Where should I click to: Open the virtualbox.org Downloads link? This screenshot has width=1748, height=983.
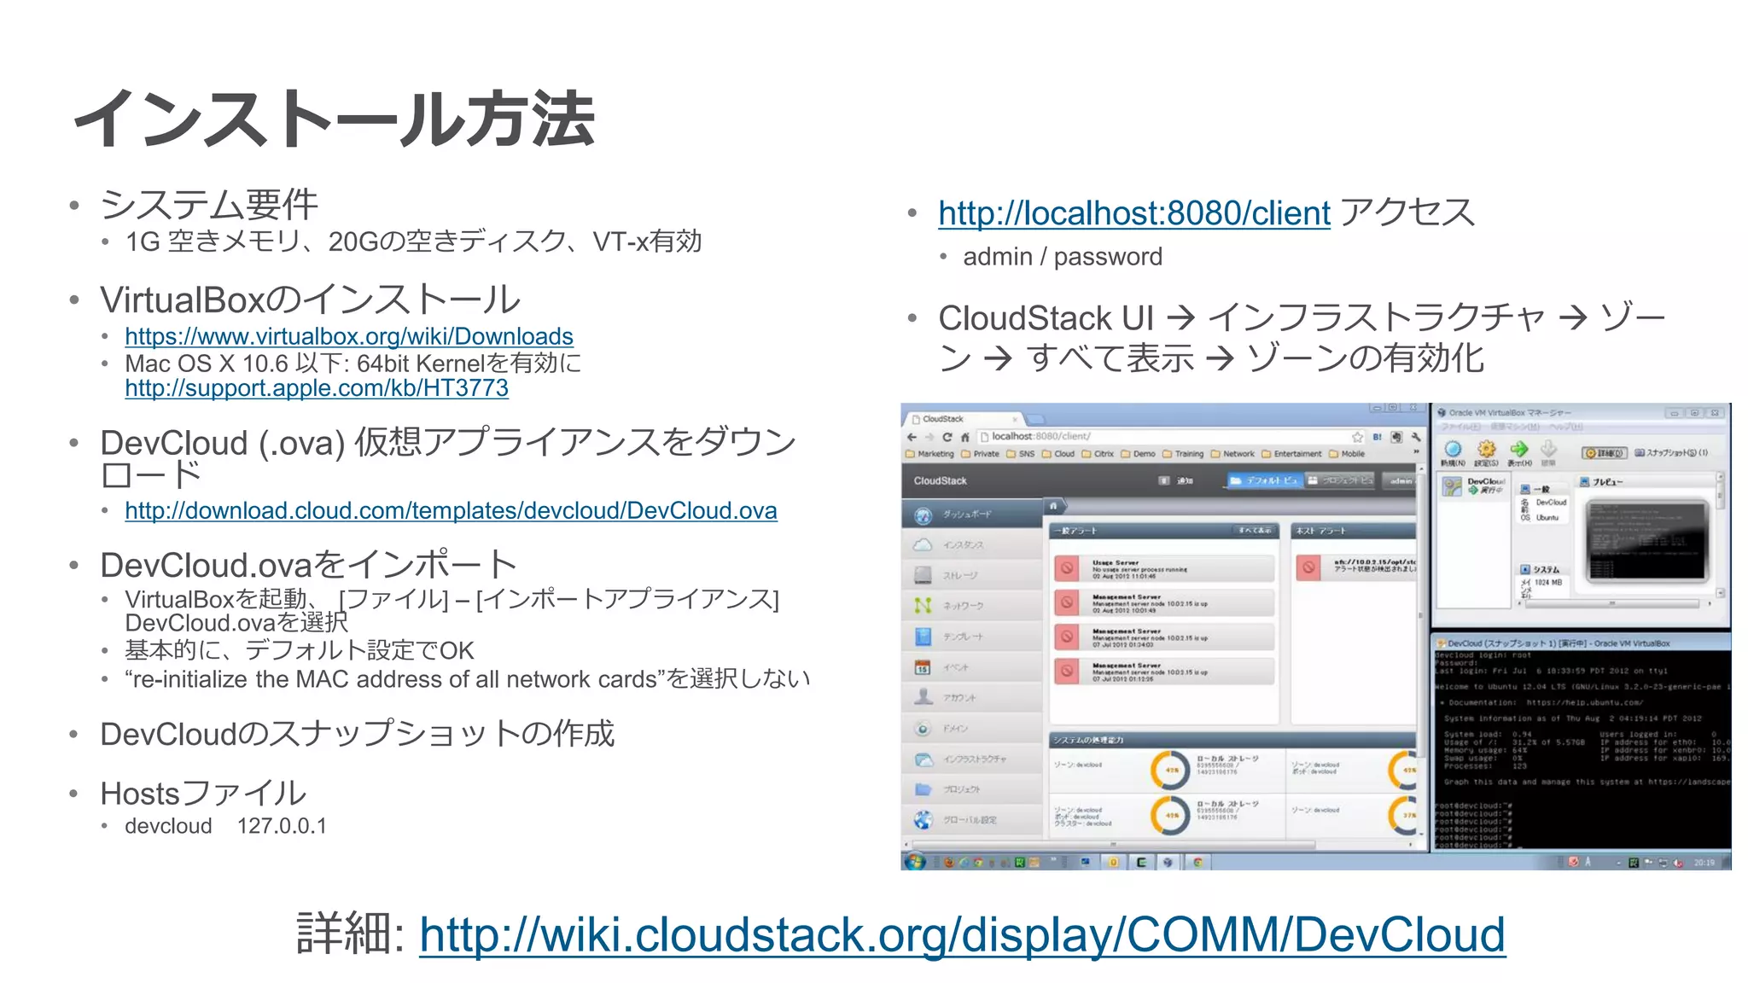[348, 336]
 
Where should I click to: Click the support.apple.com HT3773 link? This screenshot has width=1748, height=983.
[316, 388]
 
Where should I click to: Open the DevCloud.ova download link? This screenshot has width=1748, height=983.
[451, 510]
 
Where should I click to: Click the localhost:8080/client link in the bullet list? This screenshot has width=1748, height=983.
[1133, 213]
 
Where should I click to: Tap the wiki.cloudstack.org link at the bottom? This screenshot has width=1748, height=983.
[962, 934]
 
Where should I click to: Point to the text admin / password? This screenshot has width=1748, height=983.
[1062, 257]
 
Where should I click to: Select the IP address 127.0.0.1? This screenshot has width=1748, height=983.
[282, 826]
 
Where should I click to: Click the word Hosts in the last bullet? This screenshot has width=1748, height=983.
[140, 794]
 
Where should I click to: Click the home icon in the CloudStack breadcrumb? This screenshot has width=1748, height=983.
[1053, 506]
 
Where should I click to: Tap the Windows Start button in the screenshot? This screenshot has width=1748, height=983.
[915, 862]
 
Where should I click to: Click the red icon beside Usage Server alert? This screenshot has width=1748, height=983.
[1067, 568]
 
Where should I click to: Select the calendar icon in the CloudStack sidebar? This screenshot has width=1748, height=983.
[923, 667]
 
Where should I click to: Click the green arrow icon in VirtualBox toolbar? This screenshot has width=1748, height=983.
[1518, 449]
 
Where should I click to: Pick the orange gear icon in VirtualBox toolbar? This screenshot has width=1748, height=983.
[1487, 449]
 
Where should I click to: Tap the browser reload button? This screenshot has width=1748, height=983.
[947, 437]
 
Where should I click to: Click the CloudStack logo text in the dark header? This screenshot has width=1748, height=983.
[940, 481]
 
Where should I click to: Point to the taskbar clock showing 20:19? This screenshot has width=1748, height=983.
[1704, 863]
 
